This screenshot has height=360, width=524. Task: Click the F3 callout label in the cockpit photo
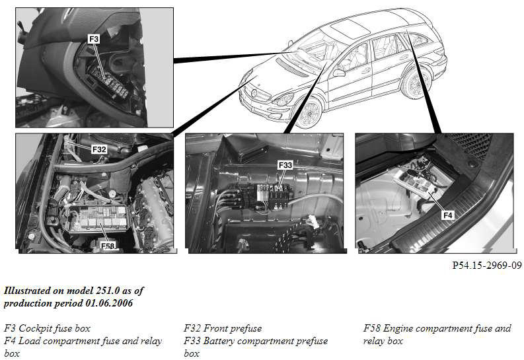pyautogui.click(x=94, y=39)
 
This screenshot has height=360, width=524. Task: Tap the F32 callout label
pyautogui.click(x=99, y=149)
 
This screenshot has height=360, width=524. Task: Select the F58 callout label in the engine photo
pyautogui.click(x=108, y=246)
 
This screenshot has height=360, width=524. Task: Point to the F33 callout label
pyautogui.click(x=285, y=165)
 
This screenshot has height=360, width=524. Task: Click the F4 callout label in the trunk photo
pyautogui.click(x=447, y=215)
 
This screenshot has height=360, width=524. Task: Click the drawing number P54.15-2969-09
pyautogui.click(x=487, y=265)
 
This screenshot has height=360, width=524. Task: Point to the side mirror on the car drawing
pyautogui.click(x=338, y=73)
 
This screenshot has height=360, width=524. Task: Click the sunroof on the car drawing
pyautogui.click(x=350, y=26)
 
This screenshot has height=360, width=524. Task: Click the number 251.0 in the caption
pyautogui.click(x=107, y=291)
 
